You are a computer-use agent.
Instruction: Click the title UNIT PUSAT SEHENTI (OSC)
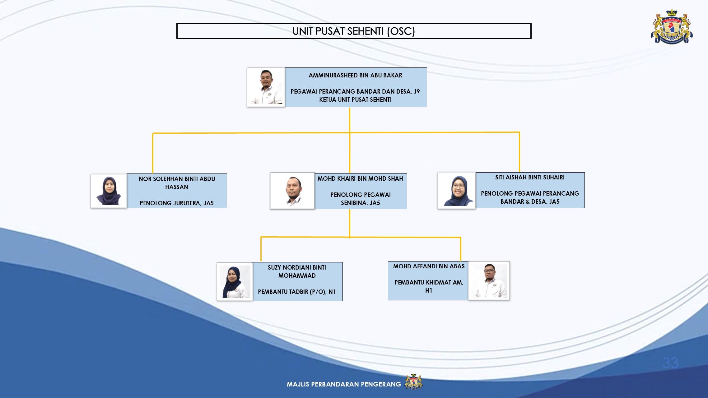coord(354,31)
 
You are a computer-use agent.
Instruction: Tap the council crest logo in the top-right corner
coord(672,26)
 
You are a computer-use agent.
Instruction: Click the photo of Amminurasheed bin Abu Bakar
coord(266,87)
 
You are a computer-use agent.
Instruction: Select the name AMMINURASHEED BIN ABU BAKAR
coord(355,75)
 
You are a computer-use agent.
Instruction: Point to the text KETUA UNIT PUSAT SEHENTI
coord(355,99)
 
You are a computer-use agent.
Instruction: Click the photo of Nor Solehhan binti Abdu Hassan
coord(109,191)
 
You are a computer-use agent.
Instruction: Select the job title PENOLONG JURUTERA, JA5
coord(177,203)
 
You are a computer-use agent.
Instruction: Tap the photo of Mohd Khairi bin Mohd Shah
coord(292,191)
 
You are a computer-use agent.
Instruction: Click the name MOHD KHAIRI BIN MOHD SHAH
coord(360,178)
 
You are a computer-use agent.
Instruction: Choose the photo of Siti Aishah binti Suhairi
coord(456,190)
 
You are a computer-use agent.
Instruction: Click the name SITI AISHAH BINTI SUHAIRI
coord(530,177)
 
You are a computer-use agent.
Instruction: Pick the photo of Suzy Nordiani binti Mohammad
coord(235,282)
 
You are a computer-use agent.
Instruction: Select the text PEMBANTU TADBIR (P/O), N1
coord(297,292)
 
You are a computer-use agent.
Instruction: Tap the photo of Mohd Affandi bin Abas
coord(489,281)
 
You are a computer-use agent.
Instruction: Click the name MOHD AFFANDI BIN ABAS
coord(429,266)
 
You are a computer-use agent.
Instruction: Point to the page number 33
coord(670,363)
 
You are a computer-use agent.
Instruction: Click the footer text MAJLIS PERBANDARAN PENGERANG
coord(344,384)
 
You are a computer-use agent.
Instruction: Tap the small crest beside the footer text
coord(413,382)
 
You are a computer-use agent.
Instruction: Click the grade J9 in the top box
coord(417,91)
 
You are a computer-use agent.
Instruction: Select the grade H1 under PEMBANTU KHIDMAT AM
coord(429,290)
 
